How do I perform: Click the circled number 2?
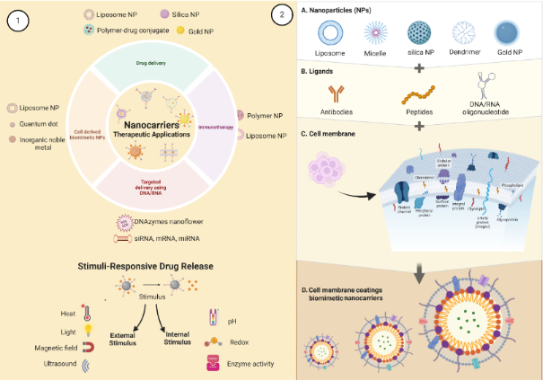(x=285, y=15)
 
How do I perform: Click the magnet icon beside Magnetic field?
(x=88, y=347)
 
